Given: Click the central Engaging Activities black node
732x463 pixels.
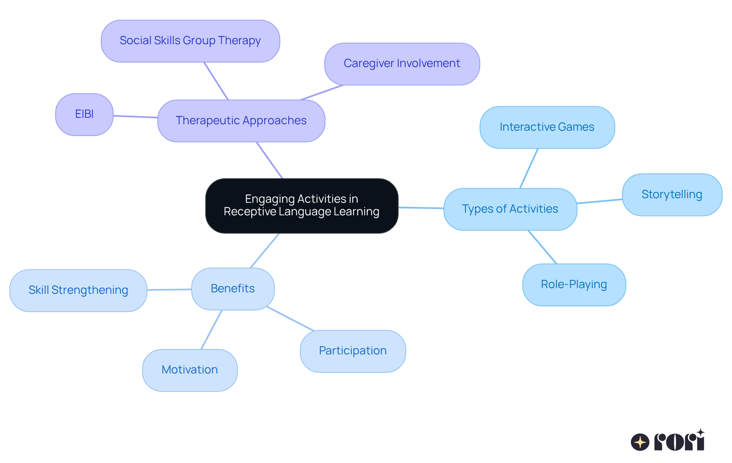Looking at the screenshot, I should [x=302, y=205].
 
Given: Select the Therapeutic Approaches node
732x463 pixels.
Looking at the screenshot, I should [x=241, y=121].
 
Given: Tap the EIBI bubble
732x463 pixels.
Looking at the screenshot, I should [x=84, y=114].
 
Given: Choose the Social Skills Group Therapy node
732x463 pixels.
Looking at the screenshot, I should [x=190, y=41].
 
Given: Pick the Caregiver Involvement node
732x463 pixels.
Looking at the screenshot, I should [x=402, y=64].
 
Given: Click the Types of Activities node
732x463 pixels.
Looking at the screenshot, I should [x=510, y=209].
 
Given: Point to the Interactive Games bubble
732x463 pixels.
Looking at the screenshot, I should [x=547, y=127].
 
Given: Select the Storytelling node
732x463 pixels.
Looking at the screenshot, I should [x=672, y=194].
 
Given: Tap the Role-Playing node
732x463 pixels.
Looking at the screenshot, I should [x=574, y=284].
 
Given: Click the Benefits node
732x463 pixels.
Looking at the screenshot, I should [x=233, y=288].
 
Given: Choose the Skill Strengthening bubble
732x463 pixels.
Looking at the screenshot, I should [x=78, y=290].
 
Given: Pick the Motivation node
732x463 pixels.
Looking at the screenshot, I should [x=189, y=370].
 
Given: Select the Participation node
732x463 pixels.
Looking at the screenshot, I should [x=353, y=351].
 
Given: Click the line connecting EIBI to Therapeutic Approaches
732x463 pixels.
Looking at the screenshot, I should [x=135, y=117].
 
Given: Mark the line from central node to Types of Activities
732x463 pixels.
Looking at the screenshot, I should [x=421, y=208].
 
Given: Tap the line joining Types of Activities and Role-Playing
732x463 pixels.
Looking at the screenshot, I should [x=542, y=247].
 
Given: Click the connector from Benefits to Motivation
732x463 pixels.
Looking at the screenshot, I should [x=212, y=329].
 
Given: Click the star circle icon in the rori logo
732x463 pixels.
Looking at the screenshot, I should [x=640, y=442].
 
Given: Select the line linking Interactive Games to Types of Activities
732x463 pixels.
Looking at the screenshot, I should [x=529, y=168].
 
